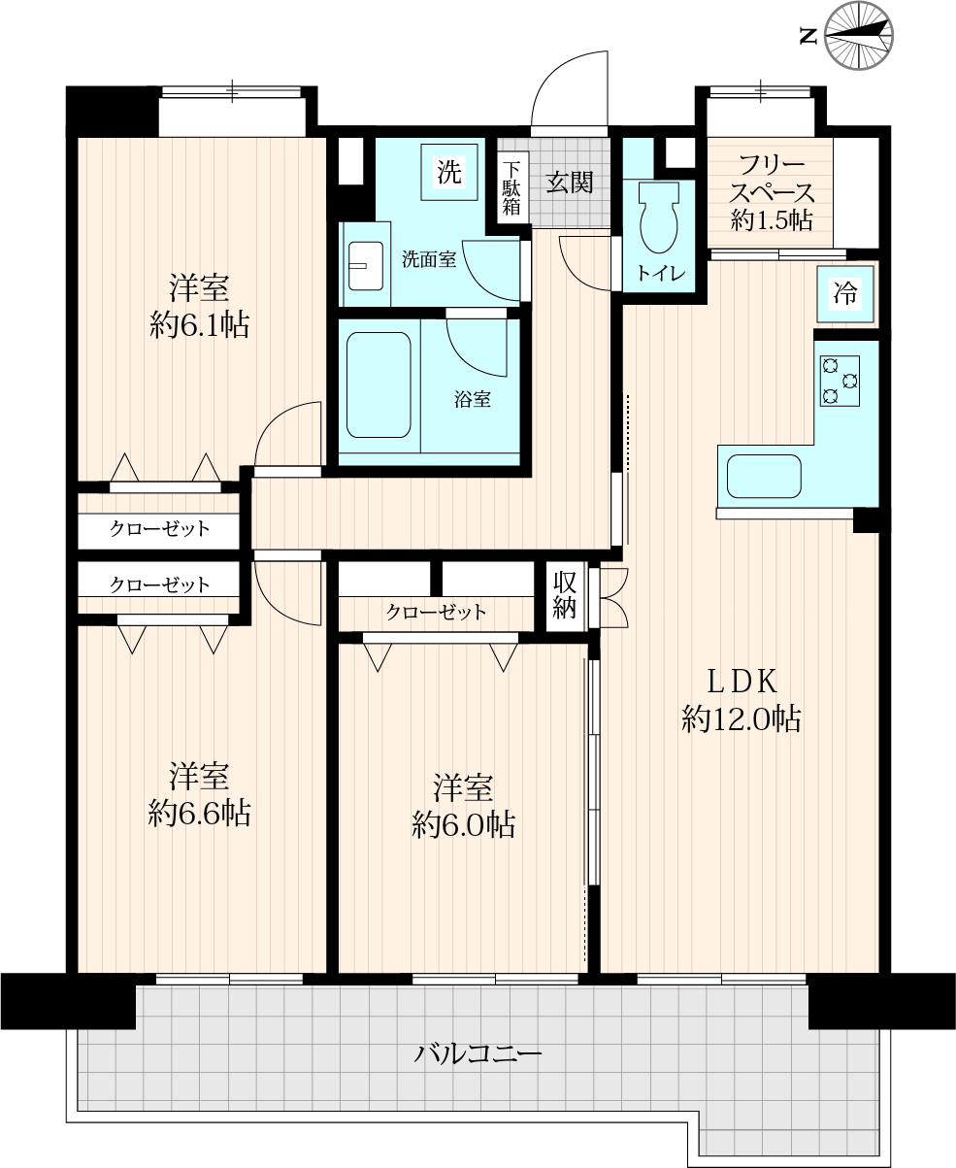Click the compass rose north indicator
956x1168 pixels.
tap(859, 36)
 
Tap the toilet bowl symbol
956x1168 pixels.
tap(659, 217)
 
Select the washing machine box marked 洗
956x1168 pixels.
tap(449, 172)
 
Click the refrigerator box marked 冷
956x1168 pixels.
tap(845, 294)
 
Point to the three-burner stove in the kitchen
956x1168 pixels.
tap(840, 381)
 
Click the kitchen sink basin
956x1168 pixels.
tap(764, 477)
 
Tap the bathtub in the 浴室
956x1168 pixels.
tap(379, 384)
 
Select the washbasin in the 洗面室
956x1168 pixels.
tap(365, 266)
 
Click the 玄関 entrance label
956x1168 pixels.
tap(570, 183)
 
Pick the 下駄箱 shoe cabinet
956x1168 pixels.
tap(511, 187)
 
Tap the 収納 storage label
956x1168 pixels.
tap(565, 596)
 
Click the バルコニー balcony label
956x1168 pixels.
tap(478, 1053)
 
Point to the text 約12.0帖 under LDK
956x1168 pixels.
tap(742, 719)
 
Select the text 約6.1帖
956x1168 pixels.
tap(200, 324)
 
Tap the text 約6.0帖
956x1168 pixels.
tap(464, 824)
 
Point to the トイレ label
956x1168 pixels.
tap(660, 273)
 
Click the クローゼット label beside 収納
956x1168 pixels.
tap(436, 612)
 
